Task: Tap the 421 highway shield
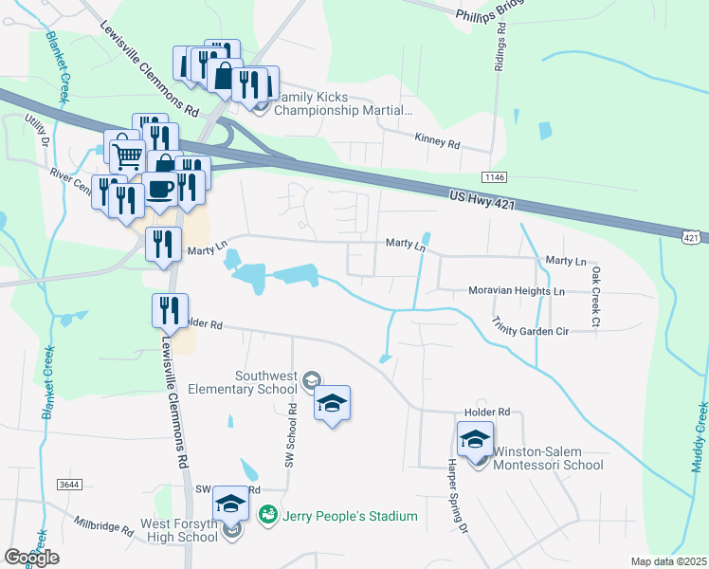(x=694, y=236)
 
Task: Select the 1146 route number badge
(x=493, y=177)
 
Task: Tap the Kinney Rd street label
(x=437, y=139)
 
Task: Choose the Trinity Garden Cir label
(x=530, y=328)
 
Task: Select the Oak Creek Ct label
(x=594, y=297)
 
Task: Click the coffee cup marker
(x=159, y=189)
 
